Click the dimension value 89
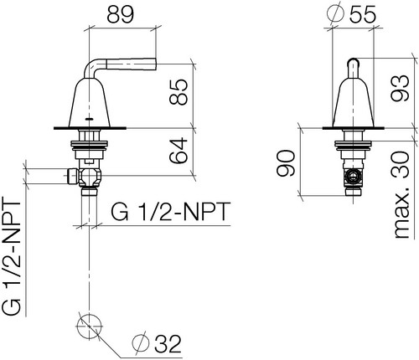121,14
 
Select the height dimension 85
178,92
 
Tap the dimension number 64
178,150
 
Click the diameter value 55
362,14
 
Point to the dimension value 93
400,88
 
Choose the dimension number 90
286,163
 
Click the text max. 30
401,195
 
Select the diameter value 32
168,343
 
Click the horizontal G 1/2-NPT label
171,211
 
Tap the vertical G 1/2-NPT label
12,256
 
